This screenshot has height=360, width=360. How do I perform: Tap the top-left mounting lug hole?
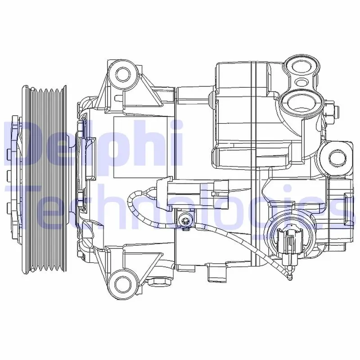123,74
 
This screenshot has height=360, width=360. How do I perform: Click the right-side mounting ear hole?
337,157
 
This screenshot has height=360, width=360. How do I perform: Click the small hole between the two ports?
301,82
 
